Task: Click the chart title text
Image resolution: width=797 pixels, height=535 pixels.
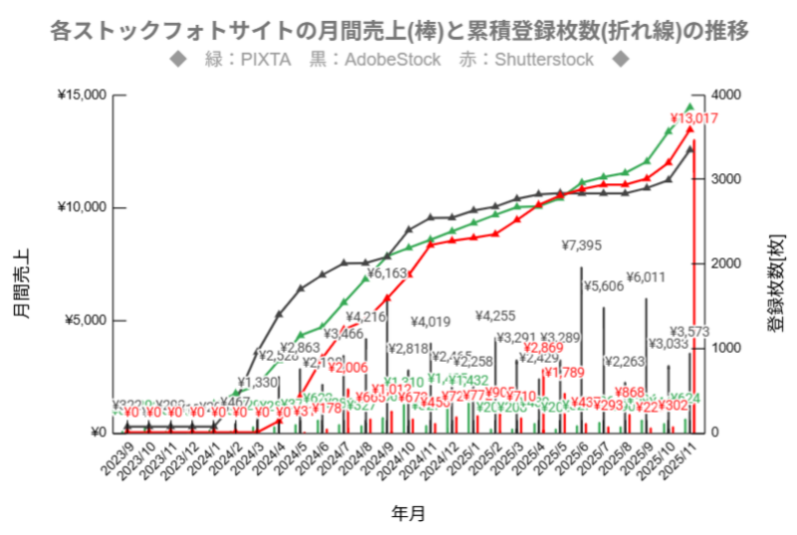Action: tap(398, 30)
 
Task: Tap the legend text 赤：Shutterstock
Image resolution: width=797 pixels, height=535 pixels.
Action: tap(526, 60)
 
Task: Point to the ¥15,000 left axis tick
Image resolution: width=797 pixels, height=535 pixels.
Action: tap(82, 96)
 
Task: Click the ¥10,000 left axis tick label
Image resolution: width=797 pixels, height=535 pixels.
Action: tap(82, 208)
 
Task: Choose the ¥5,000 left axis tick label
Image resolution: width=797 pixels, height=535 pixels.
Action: tap(85, 321)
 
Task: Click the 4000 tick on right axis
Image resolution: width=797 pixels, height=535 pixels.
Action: tap(727, 96)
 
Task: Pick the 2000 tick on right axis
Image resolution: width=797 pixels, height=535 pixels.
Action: tap(727, 264)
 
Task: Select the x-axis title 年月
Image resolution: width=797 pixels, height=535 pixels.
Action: tap(407, 514)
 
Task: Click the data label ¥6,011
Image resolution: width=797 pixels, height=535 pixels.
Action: tap(645, 277)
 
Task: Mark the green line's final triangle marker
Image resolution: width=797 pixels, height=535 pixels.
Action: tap(689, 107)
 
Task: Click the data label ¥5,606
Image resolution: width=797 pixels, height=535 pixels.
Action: tap(604, 287)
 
